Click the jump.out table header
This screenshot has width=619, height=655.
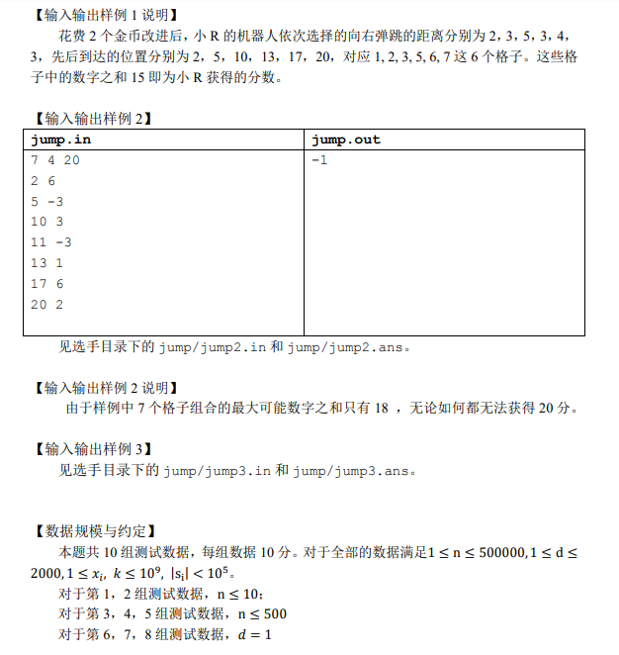[x=345, y=140]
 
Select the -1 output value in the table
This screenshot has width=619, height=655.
[x=318, y=159]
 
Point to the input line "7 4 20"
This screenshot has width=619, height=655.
[x=55, y=160]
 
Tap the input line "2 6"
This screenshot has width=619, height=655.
[x=44, y=180]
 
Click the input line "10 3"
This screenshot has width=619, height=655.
[x=47, y=222]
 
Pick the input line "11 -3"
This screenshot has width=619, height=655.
[x=51, y=242]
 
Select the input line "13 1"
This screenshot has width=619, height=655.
[x=47, y=263]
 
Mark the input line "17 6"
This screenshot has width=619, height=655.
[x=47, y=284]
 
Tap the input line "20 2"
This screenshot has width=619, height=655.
[x=47, y=305]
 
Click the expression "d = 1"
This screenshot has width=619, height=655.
[x=254, y=634]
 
